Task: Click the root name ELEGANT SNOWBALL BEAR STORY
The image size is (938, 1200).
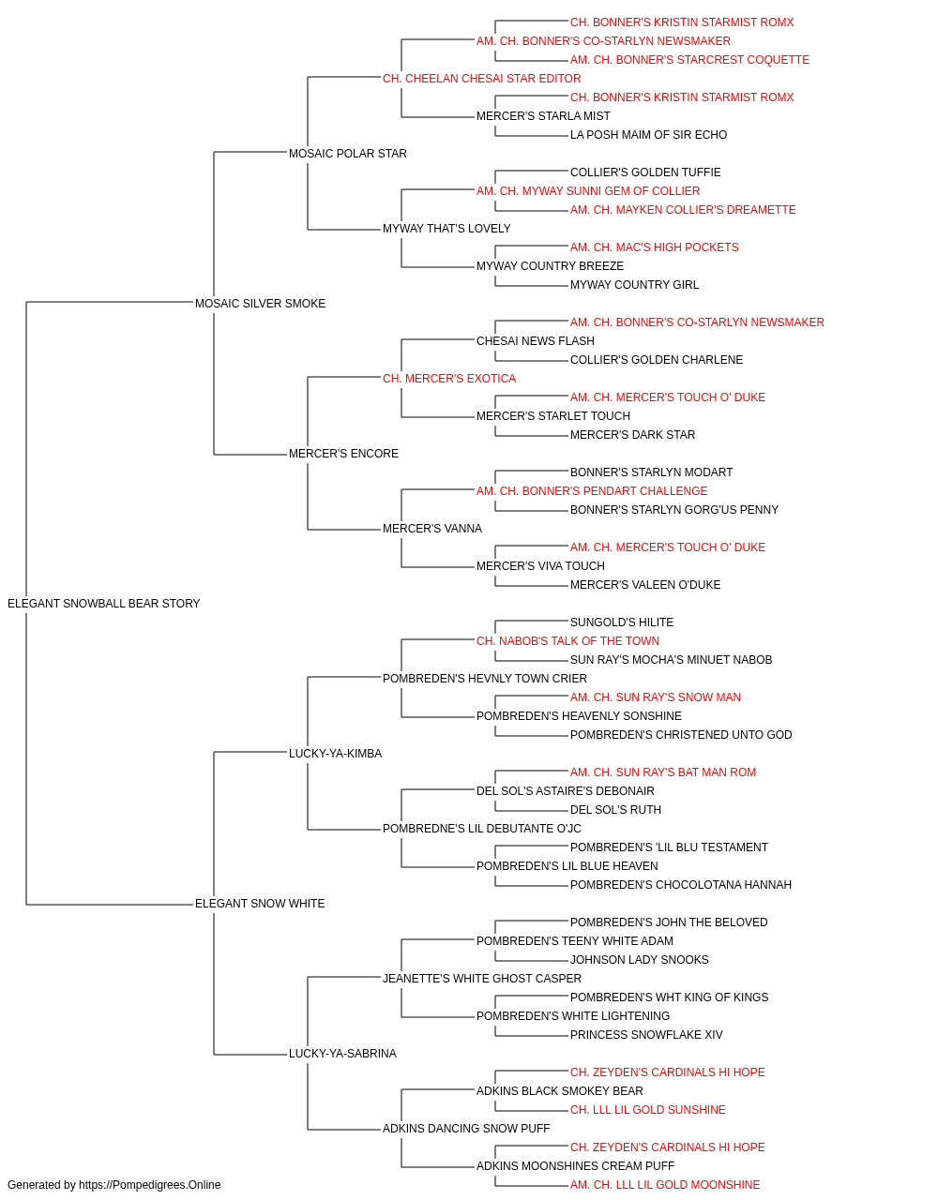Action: pos(104,603)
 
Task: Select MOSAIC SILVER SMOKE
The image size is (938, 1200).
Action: pos(260,303)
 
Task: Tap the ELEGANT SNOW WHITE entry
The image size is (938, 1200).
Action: pos(260,904)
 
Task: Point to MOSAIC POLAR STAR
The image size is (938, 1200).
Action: pos(347,153)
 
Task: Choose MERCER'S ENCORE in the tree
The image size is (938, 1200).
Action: pos(343,454)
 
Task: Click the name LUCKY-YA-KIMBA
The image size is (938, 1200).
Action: pos(335,753)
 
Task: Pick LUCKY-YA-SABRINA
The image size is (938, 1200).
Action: pos(342,1053)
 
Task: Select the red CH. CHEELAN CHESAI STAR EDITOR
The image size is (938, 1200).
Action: pos(482,79)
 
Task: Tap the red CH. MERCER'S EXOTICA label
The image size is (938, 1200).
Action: pos(449,378)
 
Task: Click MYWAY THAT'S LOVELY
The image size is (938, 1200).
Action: pos(446,228)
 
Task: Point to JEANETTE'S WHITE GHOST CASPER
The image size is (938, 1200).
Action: pos(482,978)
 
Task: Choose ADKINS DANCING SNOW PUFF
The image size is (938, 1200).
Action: pos(466,1128)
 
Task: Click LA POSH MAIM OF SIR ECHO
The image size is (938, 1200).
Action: pos(648,135)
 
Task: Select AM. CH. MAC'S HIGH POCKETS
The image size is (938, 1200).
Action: pos(654,247)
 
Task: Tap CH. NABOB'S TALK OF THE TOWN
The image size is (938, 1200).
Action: pos(567,640)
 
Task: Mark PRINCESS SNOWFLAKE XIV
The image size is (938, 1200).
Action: pos(646,1034)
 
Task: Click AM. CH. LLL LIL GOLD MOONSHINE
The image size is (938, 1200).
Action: pos(665,1185)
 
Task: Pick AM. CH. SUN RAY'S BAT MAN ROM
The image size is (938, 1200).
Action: pos(663,772)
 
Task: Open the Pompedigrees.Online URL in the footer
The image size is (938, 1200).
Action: pos(149,1185)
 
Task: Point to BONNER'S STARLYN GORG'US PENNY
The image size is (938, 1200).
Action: pos(673,510)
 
